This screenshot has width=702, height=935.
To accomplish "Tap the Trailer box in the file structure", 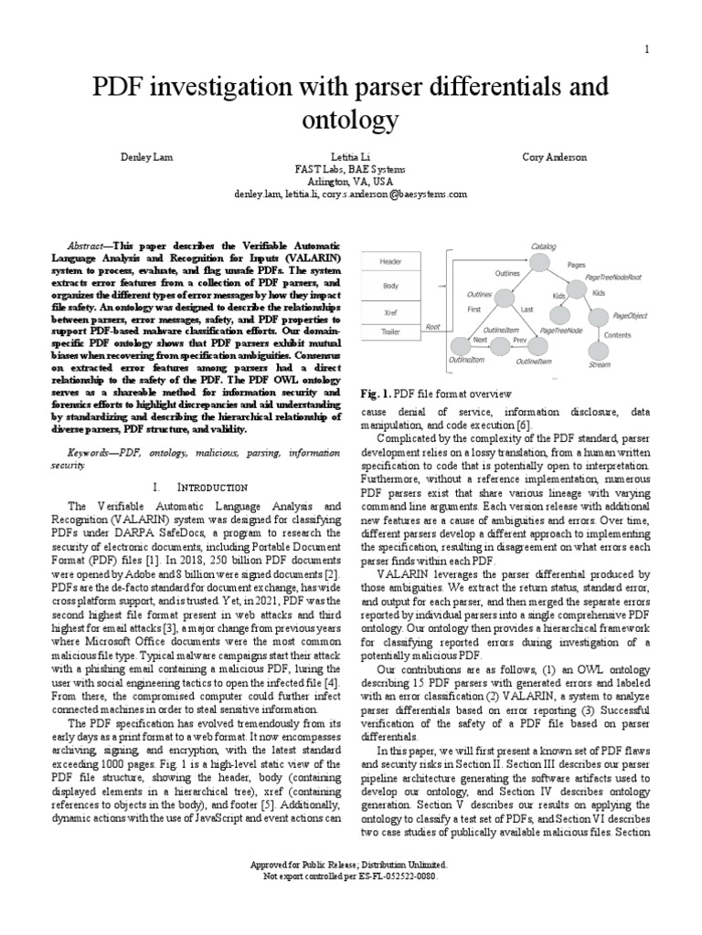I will click(391, 333).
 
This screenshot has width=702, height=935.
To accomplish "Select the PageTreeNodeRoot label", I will click(614, 277).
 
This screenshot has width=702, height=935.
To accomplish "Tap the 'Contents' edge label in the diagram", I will click(617, 335).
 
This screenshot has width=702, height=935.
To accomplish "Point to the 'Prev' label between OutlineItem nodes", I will click(520, 341).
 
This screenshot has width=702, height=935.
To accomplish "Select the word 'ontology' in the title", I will click(350, 120).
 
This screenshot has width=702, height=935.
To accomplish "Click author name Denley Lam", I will click(146, 158).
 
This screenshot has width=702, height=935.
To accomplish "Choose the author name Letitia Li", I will click(350, 158).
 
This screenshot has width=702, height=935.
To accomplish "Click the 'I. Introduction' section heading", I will click(200, 488).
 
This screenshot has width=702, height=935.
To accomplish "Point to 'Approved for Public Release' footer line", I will click(350, 863).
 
